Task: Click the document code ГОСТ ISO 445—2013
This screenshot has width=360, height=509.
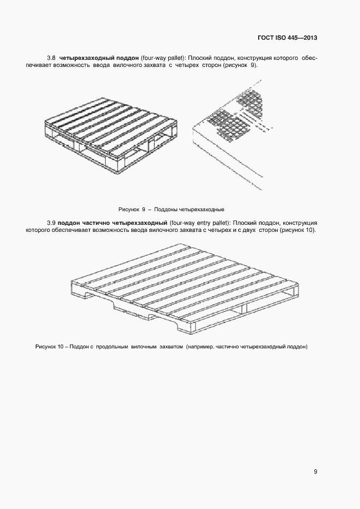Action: [288, 38]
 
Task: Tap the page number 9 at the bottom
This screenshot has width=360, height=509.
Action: [315, 471]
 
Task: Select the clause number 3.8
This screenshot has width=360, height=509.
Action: [52, 57]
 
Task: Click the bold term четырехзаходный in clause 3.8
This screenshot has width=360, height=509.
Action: [88, 57]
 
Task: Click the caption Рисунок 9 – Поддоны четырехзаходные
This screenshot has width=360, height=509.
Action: [172, 209]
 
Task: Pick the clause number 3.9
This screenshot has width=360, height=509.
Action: [52, 223]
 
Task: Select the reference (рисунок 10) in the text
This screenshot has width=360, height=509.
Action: [298, 230]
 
